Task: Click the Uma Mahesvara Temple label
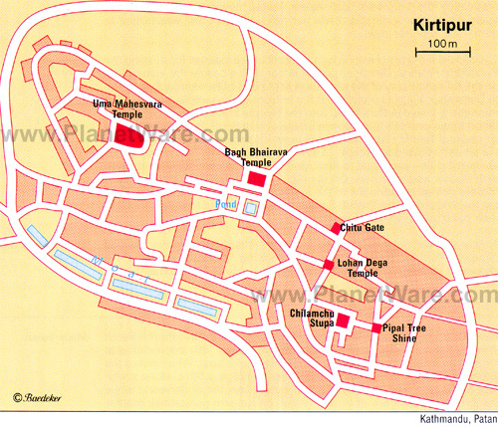(x=125, y=109)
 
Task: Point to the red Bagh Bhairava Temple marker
(x=257, y=178)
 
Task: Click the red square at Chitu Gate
(x=336, y=229)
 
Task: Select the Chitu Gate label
(x=363, y=229)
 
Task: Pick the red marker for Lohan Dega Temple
(x=328, y=264)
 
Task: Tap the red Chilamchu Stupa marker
(x=343, y=320)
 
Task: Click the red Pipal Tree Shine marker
(x=375, y=327)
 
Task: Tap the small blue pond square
(x=250, y=208)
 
